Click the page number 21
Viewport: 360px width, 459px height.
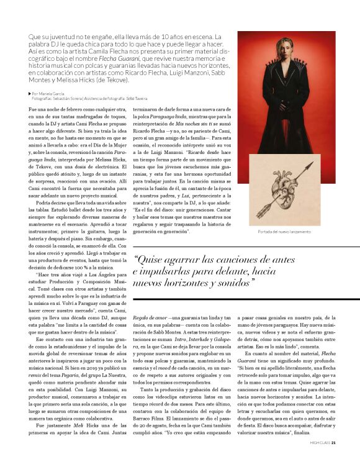click(x=334, y=442)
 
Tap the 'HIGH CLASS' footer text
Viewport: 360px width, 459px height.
click(x=319, y=442)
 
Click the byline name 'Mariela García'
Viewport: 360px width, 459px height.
click(x=53, y=93)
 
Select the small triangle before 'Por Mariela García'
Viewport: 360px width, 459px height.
click(x=30, y=93)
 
